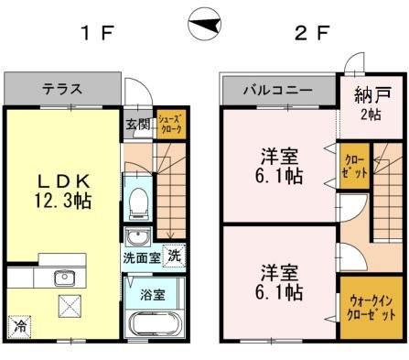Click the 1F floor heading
pos(95,34)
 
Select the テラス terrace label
pos(62,90)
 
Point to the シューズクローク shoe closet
pos(170,125)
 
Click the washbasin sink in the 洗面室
pos(137,239)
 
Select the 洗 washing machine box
pos(172,257)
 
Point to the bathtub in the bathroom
pos(153,326)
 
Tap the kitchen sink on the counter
pos(65,279)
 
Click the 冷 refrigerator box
pos(18,325)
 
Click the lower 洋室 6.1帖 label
pos(280,283)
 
